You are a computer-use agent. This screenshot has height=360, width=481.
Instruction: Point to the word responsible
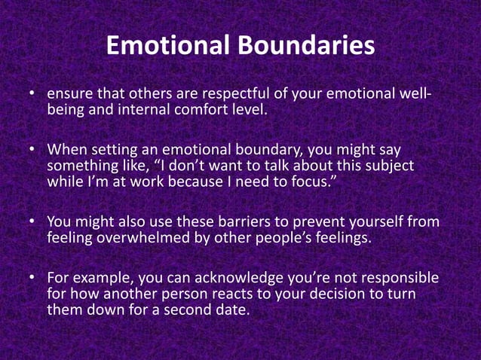coord(400,279)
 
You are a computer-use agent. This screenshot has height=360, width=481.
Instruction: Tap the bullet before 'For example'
coord(33,279)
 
